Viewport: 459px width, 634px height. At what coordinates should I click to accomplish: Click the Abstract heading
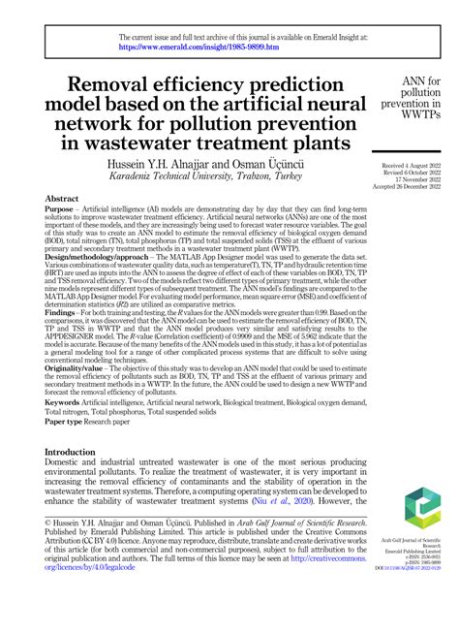click(x=62, y=198)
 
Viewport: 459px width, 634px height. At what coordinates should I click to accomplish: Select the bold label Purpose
click(x=60, y=209)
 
